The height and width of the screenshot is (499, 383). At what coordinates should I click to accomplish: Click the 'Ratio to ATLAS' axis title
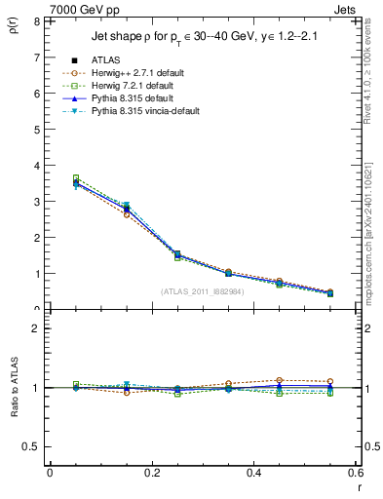pos(13,384)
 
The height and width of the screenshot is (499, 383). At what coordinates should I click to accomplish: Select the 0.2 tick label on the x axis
pos(151,472)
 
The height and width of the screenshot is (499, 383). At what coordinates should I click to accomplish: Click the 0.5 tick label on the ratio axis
pos(32,446)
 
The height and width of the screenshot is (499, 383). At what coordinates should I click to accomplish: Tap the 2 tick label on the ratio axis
pos(36,329)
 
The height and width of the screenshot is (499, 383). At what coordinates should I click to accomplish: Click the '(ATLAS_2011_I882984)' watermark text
pos(203,291)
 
